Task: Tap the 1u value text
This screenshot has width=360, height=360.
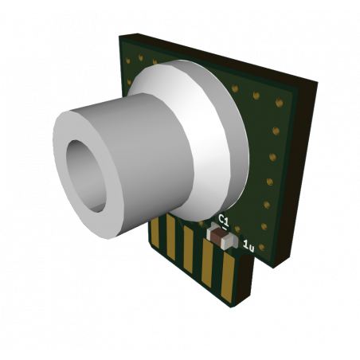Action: pyautogui.click(x=248, y=248)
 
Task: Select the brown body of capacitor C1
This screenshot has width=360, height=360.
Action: pyautogui.click(x=221, y=237)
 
